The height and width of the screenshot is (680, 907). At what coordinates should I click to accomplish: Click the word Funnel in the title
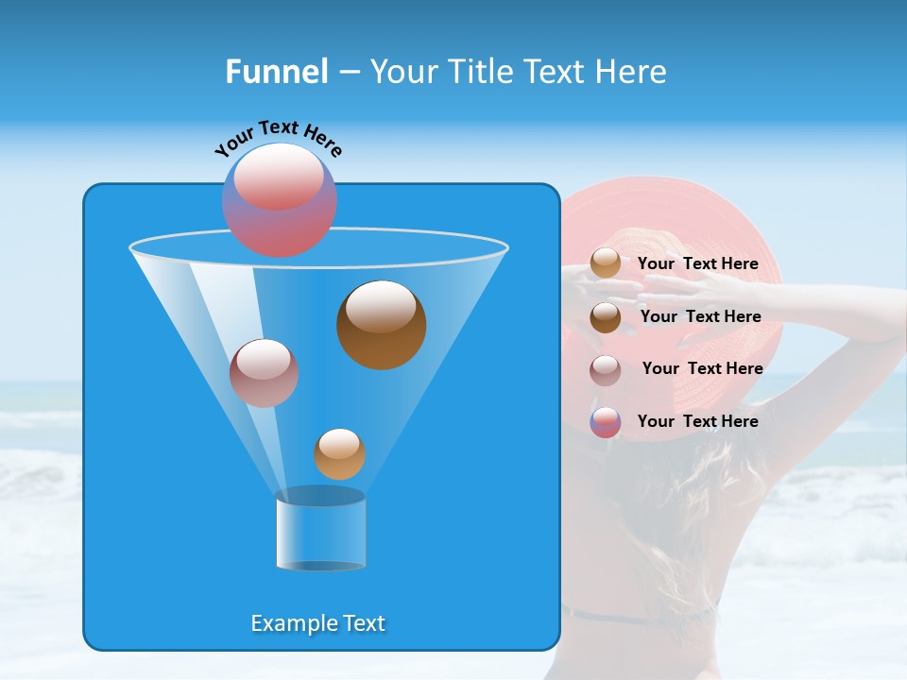tap(276, 72)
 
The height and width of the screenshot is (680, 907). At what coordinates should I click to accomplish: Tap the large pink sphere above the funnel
tap(279, 200)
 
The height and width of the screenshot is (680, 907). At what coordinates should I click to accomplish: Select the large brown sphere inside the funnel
tap(381, 324)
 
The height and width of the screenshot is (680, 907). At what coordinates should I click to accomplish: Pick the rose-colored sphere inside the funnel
tap(264, 373)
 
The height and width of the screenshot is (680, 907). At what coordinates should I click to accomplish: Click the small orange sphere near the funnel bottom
tap(339, 454)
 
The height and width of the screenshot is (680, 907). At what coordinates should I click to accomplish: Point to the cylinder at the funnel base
tap(320, 531)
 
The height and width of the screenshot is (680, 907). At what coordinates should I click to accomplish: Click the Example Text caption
tap(317, 623)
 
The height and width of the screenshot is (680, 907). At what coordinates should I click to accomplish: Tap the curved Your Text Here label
tap(278, 137)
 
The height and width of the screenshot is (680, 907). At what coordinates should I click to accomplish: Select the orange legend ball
tap(606, 263)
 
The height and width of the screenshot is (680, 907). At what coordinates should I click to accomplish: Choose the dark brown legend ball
tap(606, 317)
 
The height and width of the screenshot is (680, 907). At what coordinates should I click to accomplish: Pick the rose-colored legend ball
tap(606, 369)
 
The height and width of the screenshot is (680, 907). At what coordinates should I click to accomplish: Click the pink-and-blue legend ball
tap(606, 422)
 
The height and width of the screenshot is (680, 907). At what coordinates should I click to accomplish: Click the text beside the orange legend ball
tap(697, 264)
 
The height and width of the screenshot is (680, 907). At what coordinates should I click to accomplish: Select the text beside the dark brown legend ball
tap(700, 317)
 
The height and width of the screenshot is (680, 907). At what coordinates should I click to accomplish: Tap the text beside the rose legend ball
tap(702, 369)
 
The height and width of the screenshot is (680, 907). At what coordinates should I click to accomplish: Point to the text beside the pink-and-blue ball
tap(697, 422)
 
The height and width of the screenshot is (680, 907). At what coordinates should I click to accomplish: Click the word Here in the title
tap(632, 72)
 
